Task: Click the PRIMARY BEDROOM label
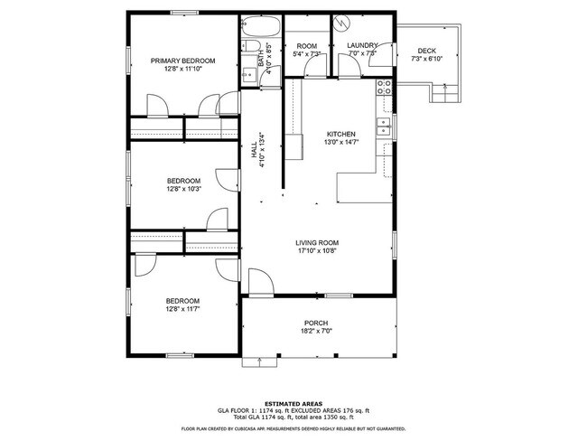click(182, 61)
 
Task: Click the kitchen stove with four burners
click(384, 88)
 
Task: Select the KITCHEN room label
click(341, 134)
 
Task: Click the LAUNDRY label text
click(362, 46)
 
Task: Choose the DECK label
click(427, 51)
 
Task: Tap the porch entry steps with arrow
click(259, 361)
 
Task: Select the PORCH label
click(316, 324)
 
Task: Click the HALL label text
click(255, 154)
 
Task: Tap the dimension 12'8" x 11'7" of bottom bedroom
click(182, 308)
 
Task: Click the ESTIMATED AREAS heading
click(293, 403)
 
